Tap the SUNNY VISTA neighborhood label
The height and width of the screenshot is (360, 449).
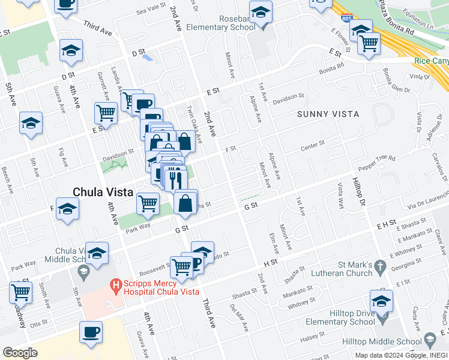coord(328,114)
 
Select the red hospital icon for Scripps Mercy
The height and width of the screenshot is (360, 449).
coord(114,287)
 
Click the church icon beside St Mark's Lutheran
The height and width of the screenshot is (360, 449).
coord(379,265)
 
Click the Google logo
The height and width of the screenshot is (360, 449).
coord(20,353)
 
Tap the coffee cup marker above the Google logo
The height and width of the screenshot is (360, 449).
coord(91,332)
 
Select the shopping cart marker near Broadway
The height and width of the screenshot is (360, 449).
coord(20,293)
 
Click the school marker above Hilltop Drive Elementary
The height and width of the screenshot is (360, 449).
coord(381,301)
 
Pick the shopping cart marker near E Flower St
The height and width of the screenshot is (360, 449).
coord(368,43)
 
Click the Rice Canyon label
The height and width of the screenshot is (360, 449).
coord(431,61)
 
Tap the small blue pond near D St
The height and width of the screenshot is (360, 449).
coord(146,58)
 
